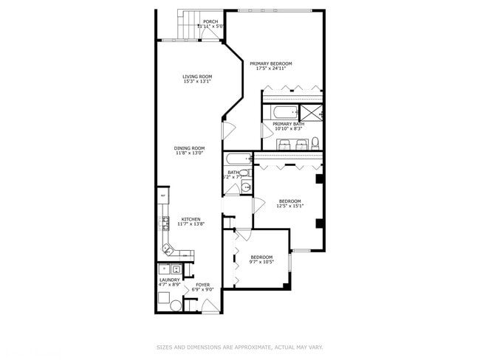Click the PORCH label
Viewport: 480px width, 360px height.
click(x=210, y=22)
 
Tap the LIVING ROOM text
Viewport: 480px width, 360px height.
click(x=197, y=77)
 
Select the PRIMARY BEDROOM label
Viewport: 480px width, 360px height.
click(x=271, y=64)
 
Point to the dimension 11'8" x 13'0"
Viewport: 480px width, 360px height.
click(x=190, y=153)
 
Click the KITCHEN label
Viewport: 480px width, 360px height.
click(x=191, y=219)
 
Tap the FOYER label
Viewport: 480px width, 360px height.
click(x=202, y=285)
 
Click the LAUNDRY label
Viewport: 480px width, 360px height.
click(x=169, y=280)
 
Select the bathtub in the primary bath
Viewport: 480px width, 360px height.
click(x=284, y=113)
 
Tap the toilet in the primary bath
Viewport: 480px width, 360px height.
click(x=315, y=142)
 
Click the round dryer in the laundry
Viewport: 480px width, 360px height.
click(x=176, y=305)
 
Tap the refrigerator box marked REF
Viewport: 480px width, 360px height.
click(x=162, y=195)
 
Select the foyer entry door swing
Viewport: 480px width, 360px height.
click(x=210, y=307)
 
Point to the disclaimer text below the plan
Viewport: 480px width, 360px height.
click(x=239, y=347)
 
